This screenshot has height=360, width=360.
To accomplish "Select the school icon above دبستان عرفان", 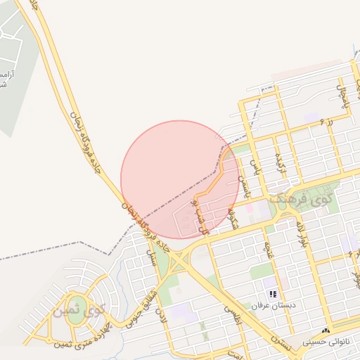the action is (272, 294).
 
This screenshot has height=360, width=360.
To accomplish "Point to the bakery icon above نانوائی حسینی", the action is (326, 330).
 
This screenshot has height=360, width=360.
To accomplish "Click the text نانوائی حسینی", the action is (326, 342).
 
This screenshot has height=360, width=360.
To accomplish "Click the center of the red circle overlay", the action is (180, 179).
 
